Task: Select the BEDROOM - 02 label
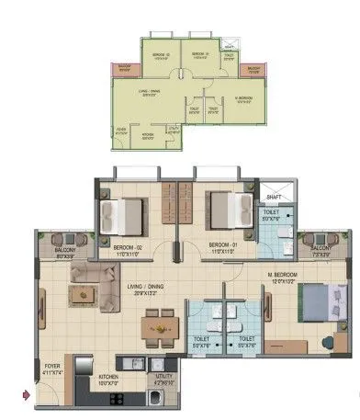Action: point(129,247)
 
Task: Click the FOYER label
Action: point(51,369)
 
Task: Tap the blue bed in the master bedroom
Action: point(307,299)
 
